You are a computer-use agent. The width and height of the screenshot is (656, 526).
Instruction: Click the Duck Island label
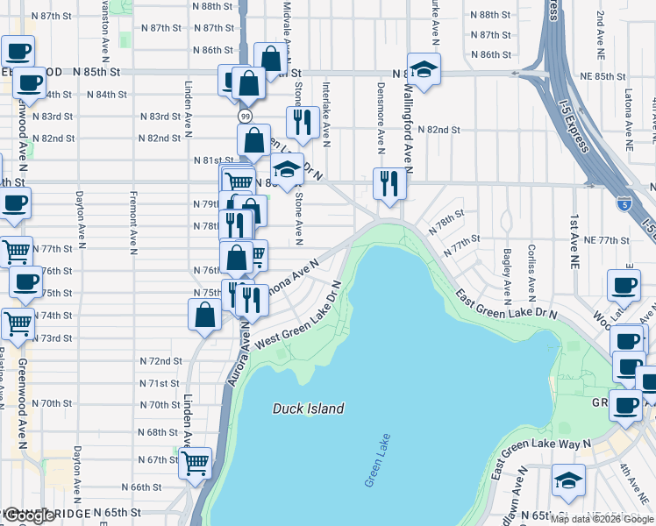coord(308,409)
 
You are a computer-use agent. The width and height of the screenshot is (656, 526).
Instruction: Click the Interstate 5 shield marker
coord(622,203)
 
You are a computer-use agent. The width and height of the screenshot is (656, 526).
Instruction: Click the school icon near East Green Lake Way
coord(567,480)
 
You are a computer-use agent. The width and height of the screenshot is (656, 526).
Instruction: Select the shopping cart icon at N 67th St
coord(195,461)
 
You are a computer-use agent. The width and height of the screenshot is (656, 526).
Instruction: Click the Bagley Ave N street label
coord(508,270)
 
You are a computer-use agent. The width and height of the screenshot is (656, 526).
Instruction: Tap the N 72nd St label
coord(160,360)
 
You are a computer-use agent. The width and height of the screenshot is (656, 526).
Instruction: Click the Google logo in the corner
coord(28,516)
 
